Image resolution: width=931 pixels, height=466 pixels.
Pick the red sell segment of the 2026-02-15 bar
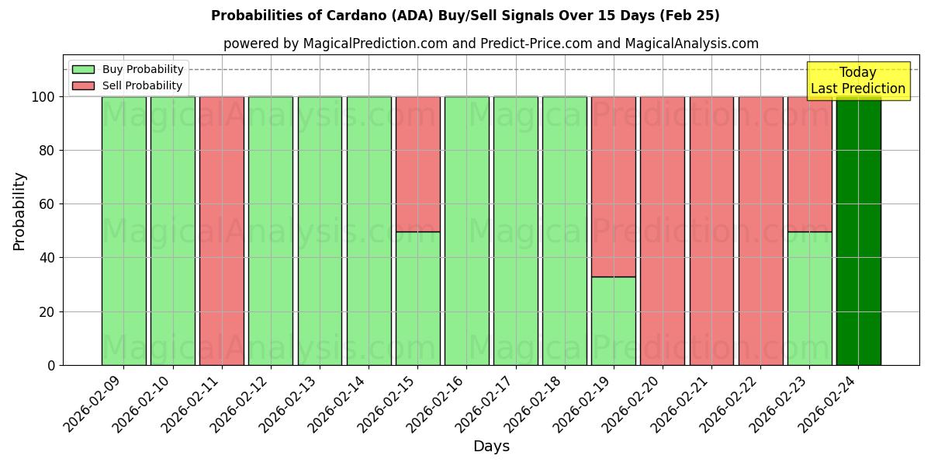point(417,164)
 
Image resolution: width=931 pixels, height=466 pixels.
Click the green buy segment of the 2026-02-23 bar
point(809,298)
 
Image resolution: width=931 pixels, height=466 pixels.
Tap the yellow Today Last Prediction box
point(857,81)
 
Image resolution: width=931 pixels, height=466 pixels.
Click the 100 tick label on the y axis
point(43,97)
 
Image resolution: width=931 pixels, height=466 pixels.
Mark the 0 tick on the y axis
point(51,365)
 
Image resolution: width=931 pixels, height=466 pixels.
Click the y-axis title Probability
point(19,211)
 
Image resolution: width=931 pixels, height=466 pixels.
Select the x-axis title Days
point(491,447)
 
